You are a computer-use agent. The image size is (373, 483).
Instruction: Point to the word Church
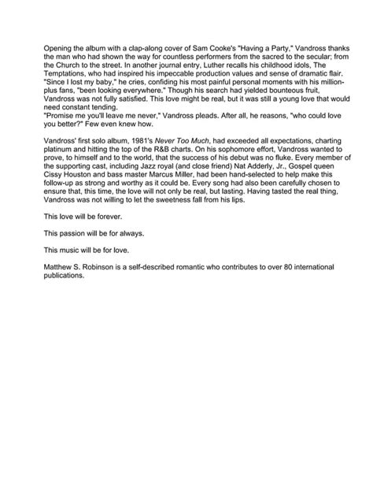[80, 58]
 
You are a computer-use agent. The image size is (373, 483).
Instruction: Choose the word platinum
[60, 145]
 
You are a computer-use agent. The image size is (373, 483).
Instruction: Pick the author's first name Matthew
[59, 266]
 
